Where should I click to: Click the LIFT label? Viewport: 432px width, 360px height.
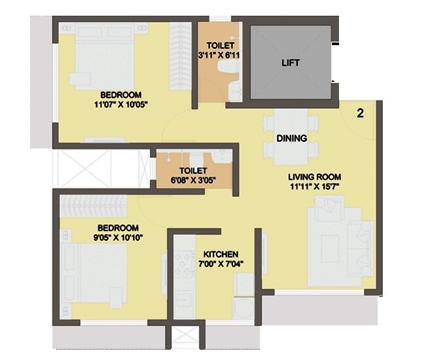click(291, 63)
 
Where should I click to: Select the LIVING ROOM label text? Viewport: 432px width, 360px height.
click(315, 177)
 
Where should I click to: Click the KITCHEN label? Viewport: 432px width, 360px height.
click(221, 254)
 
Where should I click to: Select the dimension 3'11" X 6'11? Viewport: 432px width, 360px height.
click(221, 56)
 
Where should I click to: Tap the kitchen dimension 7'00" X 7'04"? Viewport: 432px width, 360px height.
click(221, 265)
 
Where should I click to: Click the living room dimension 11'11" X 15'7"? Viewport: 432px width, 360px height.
click(315, 187)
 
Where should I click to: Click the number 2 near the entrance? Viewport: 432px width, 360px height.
click(359, 113)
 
